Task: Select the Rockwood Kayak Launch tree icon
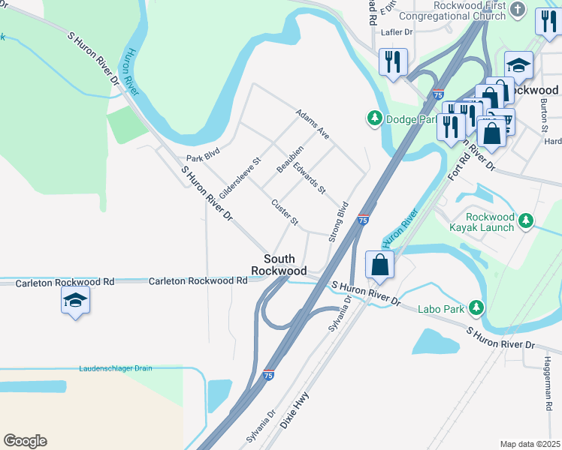click(x=527, y=220)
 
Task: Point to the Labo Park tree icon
click(x=476, y=307)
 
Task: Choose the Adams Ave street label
click(x=313, y=124)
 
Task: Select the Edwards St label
click(x=309, y=178)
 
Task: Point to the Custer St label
click(x=286, y=212)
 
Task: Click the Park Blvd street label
click(x=203, y=158)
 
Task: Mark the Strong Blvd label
click(x=339, y=221)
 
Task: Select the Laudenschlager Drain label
click(x=116, y=368)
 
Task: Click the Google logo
click(x=25, y=441)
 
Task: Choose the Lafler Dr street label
click(x=397, y=32)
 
